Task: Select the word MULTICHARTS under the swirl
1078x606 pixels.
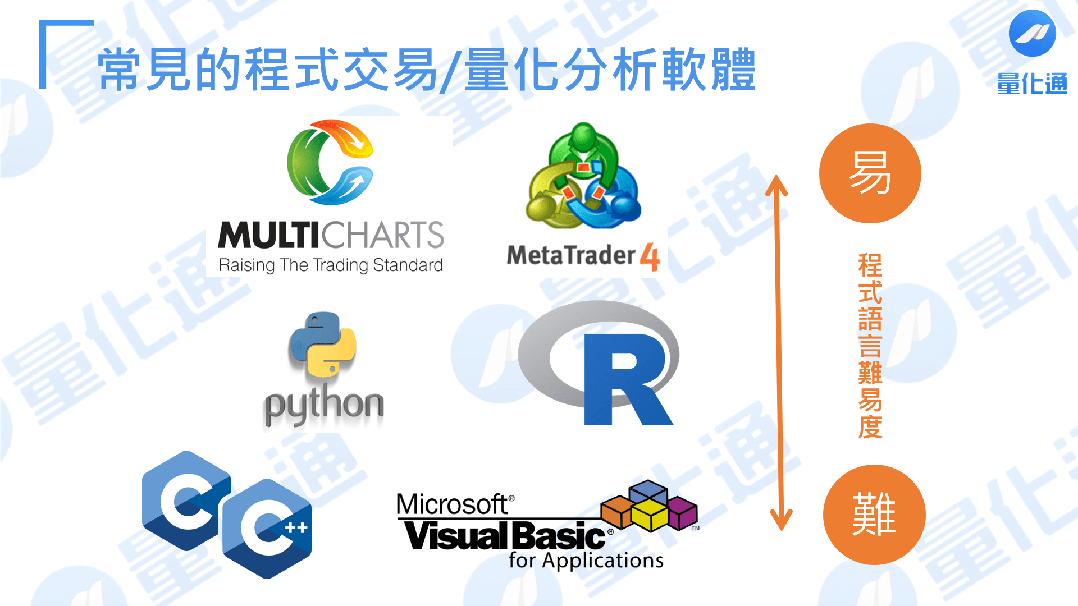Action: pyautogui.click(x=331, y=235)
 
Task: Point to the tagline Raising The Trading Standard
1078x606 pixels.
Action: pyautogui.click(x=331, y=265)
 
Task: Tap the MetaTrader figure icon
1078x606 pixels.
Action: pyautogui.click(x=583, y=176)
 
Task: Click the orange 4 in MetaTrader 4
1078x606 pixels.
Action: pyautogui.click(x=650, y=257)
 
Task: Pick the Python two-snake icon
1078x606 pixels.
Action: pyautogui.click(x=322, y=345)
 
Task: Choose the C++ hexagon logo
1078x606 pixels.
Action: pyautogui.click(x=267, y=529)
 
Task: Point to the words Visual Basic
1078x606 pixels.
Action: pyautogui.click(x=505, y=535)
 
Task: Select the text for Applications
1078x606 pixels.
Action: pyautogui.click(x=586, y=561)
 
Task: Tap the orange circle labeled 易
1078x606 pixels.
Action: pyautogui.click(x=870, y=173)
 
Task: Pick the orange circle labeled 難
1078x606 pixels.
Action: pyautogui.click(x=874, y=515)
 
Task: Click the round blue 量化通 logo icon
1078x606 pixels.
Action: pyautogui.click(x=1032, y=33)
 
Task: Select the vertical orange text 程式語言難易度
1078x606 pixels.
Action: pyautogui.click(x=870, y=346)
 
